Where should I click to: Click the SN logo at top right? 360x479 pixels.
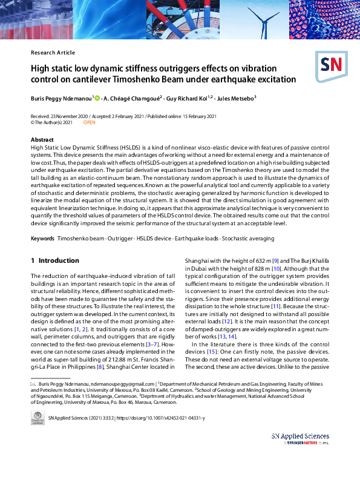331,64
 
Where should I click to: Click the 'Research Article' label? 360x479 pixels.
53,53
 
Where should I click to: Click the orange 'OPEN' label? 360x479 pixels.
89,122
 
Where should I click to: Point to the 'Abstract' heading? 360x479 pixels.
42,140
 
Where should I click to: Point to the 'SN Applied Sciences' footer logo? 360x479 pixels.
300,437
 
